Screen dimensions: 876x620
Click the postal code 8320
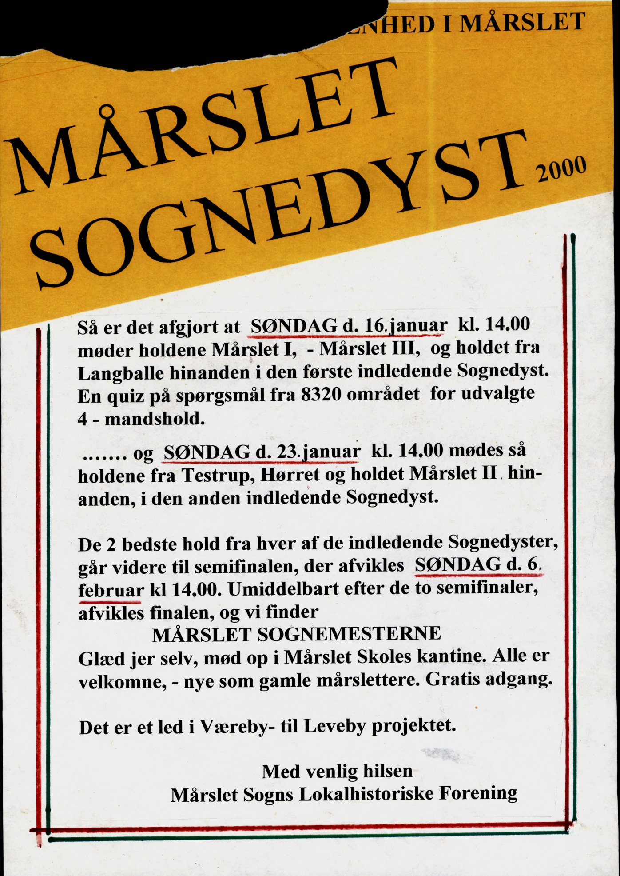pyautogui.click(x=321, y=394)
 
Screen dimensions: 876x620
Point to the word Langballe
pyautogui.click(x=119, y=373)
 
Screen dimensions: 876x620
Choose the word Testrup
pyautogui.click(x=217, y=476)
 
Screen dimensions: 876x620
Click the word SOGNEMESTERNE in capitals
pyautogui.click(x=349, y=634)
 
